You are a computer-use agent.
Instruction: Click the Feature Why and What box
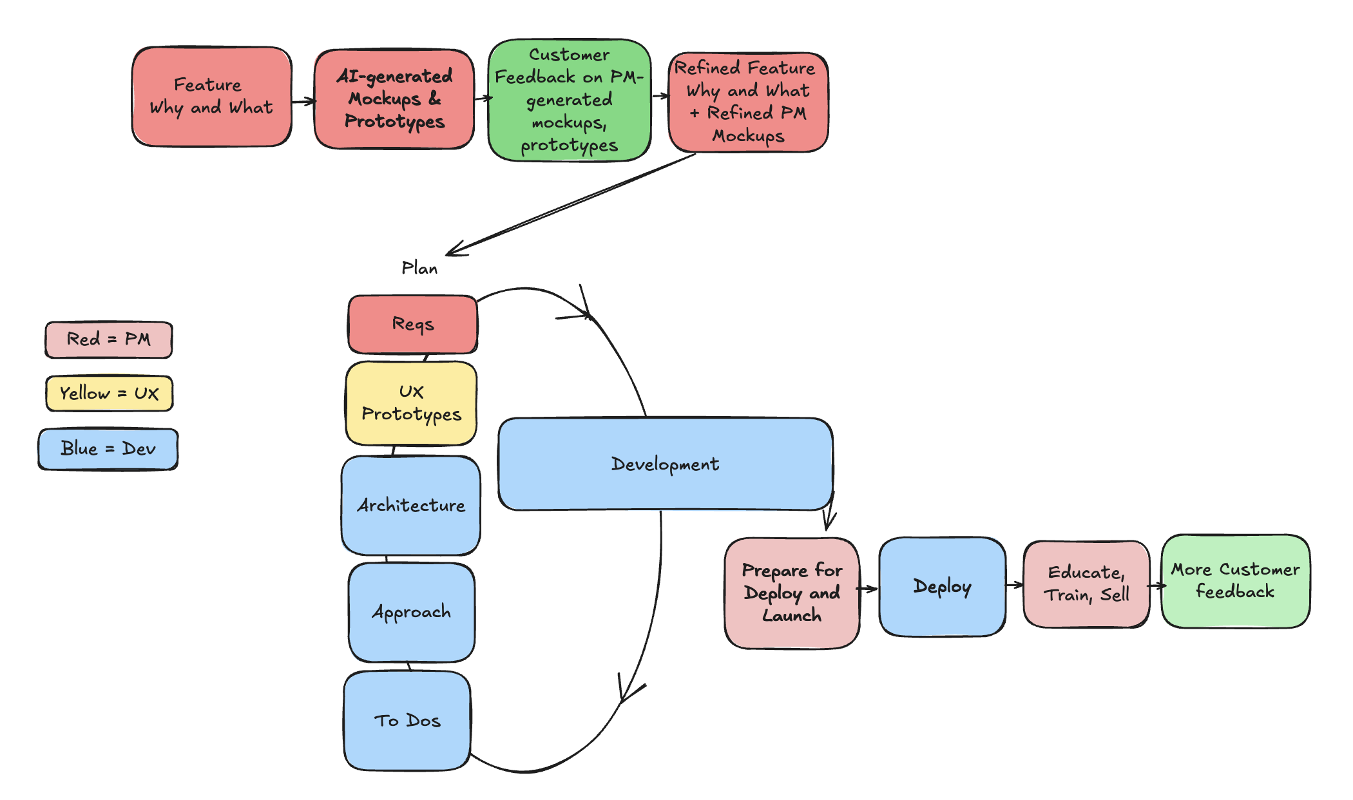(211, 97)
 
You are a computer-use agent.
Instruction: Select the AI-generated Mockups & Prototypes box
(394, 99)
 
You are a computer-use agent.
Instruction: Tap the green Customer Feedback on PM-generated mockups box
(570, 100)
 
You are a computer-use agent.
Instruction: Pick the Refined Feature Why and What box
(748, 102)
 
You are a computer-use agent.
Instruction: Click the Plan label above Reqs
(419, 268)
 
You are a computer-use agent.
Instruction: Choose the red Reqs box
(413, 324)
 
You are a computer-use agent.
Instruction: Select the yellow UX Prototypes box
(411, 403)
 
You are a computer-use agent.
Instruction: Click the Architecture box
(411, 505)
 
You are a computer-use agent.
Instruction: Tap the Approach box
(412, 612)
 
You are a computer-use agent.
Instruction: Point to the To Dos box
(407, 720)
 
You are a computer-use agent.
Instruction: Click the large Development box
(665, 464)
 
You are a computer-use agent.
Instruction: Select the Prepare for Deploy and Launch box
(792, 593)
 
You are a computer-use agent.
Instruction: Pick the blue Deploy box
(942, 586)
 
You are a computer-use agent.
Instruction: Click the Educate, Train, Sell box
(1086, 584)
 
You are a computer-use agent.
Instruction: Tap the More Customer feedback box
(1235, 580)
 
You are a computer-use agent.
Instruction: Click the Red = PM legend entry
(109, 339)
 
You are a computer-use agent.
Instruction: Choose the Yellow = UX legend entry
(109, 393)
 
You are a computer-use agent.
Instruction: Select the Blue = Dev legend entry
(108, 448)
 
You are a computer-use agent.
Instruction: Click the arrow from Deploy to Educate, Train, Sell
(1015, 585)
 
